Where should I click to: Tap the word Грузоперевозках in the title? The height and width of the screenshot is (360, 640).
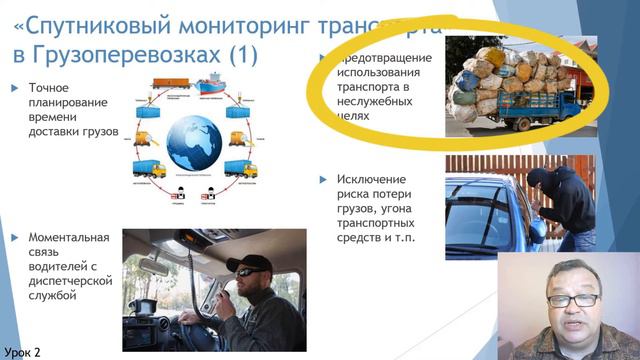tap(111, 53)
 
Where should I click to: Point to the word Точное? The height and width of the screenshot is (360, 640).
tap(50, 88)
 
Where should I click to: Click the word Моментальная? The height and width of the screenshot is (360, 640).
tap(69, 237)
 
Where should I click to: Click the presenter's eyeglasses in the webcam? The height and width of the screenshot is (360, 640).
tap(573, 299)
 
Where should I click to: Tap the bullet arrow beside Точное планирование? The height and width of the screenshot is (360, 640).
tap(14, 88)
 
